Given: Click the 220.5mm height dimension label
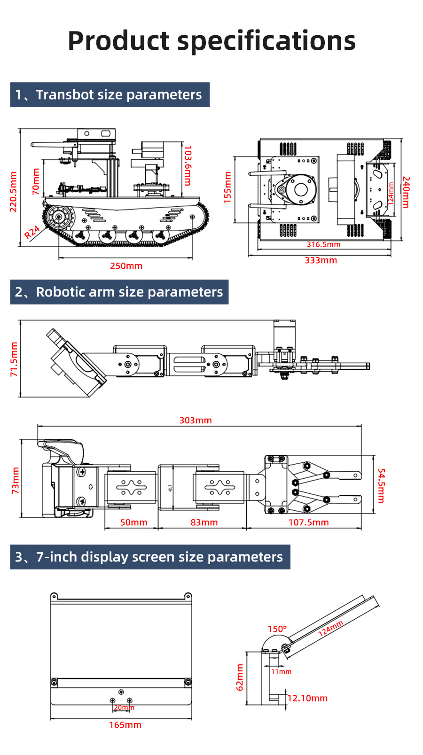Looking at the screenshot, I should [x=13, y=192].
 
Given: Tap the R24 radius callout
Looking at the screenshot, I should [x=32, y=232].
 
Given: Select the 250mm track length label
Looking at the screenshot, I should [x=126, y=266].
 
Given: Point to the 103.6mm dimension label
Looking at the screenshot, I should [x=188, y=165].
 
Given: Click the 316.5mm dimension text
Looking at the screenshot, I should [x=323, y=244].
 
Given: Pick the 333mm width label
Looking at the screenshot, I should [x=321, y=260].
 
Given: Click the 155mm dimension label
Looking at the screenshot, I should [x=227, y=187].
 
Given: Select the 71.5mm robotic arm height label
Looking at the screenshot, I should [x=14, y=359].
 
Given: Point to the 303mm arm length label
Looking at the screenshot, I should [x=196, y=420].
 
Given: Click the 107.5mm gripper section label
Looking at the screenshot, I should [x=308, y=522].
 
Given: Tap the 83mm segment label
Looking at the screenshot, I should [x=204, y=522].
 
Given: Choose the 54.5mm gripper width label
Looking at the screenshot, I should [x=381, y=485].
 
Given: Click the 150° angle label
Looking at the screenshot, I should [x=277, y=629].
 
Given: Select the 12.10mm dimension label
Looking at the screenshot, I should [x=307, y=698].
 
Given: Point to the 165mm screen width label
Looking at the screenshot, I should [x=125, y=725].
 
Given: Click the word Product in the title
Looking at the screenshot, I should [x=118, y=41].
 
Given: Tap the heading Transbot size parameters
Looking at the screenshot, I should [x=118, y=95].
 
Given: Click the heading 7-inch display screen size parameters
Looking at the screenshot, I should [x=159, y=557].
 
